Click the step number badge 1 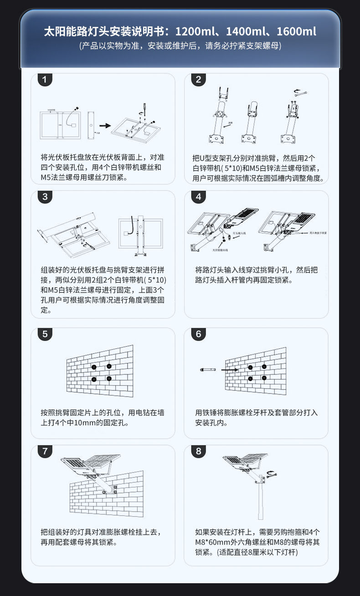[x=44, y=80]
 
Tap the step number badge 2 [x=198, y=80]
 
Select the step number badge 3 [x=45, y=197]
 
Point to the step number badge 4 [x=198, y=197]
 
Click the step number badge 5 [x=45, y=334]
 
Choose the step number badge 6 [x=198, y=334]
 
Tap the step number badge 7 [x=45, y=451]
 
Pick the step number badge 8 [x=198, y=451]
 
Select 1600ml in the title [x=296, y=32]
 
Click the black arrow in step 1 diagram [x=105, y=125]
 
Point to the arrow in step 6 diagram [x=229, y=370]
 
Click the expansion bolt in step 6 [x=207, y=369]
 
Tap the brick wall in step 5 [x=100, y=372]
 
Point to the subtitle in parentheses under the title [x=180, y=46]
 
